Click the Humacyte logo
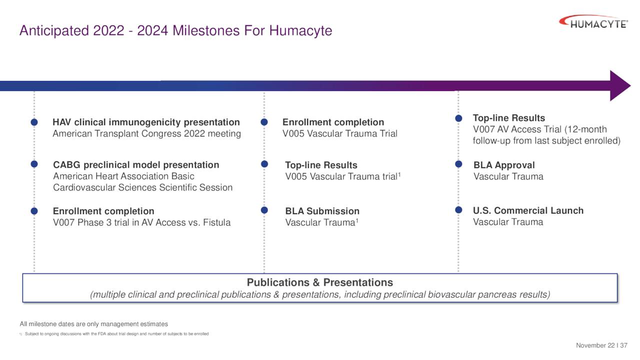click(593, 22)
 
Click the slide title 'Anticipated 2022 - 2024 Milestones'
click(175, 30)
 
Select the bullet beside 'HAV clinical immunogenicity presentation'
click(34, 122)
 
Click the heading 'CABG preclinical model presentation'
click(136, 165)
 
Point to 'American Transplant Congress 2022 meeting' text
click(146, 133)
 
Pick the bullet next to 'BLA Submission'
click(264, 210)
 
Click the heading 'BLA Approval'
click(504, 165)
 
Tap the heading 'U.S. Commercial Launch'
click(528, 210)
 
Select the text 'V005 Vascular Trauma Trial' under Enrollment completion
click(339, 133)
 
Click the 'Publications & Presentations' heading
click(320, 282)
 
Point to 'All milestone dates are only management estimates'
click(93, 324)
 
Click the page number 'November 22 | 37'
click(601, 345)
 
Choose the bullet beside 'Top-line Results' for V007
click(458, 118)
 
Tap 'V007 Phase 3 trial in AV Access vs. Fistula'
click(141, 222)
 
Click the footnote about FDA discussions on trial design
click(116, 333)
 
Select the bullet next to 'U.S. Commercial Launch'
click(458, 210)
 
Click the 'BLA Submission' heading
click(322, 211)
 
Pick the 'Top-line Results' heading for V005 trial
click(321, 165)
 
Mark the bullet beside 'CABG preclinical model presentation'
click(34, 164)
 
